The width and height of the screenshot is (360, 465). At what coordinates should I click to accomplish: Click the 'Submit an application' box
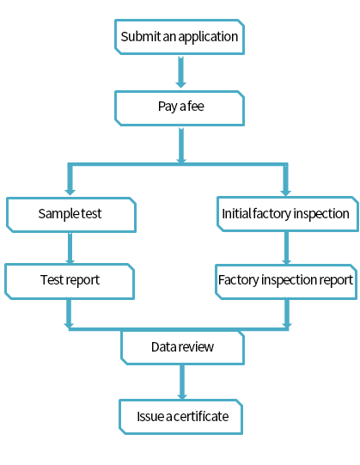[180, 37]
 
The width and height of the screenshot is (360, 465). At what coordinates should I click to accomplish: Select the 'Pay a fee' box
[180, 108]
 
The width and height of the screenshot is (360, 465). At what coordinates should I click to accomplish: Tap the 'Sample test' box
[71, 215]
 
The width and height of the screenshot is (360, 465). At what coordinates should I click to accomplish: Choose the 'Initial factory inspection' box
[288, 214]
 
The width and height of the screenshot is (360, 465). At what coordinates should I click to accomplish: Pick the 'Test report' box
[70, 281]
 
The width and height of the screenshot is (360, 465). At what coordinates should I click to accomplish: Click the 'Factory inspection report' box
[286, 282]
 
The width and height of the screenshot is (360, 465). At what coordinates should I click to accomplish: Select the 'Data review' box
[182, 347]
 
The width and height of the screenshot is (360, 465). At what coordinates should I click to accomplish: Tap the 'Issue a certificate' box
[181, 417]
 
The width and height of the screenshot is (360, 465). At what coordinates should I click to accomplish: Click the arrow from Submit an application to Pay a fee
[181, 72]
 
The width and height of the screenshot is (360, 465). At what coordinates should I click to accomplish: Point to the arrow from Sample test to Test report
[70, 248]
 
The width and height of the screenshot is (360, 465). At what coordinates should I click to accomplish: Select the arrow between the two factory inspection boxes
[286, 248]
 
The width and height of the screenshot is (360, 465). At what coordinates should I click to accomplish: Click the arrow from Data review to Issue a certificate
[182, 382]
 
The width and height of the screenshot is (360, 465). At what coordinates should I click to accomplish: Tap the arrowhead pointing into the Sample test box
[70, 192]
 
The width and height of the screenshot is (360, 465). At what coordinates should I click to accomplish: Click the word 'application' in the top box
[208, 37]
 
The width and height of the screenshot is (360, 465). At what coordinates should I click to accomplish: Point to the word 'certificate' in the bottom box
[201, 417]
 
